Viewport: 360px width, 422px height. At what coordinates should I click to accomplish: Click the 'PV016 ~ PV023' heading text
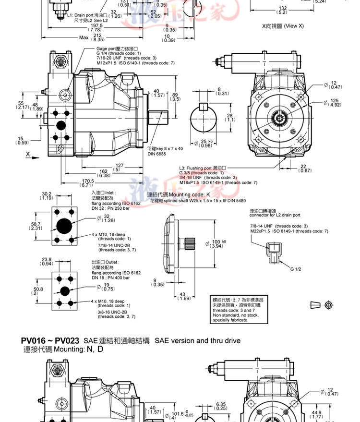click(x=50, y=341)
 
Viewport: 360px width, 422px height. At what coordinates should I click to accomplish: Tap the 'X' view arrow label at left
click(x=27, y=155)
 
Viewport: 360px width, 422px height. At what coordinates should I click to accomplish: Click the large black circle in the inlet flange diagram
click(x=64, y=226)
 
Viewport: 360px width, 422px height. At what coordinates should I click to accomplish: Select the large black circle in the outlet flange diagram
click(x=64, y=290)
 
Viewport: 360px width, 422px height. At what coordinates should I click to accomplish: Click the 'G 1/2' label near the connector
click(x=295, y=269)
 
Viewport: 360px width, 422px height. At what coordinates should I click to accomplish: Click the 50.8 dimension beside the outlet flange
click(x=38, y=290)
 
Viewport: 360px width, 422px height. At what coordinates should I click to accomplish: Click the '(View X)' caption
click(x=293, y=25)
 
